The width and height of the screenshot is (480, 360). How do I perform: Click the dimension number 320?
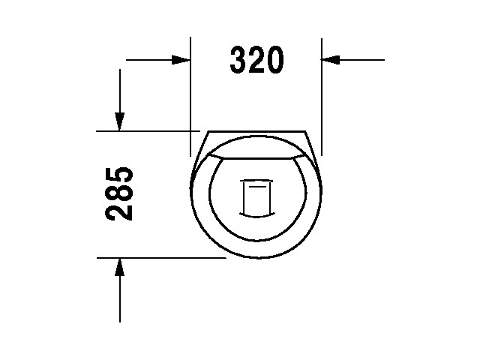[256, 61]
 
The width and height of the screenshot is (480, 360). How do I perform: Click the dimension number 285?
[120, 193]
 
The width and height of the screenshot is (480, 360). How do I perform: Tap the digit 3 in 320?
[239, 61]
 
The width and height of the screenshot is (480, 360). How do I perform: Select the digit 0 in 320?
[274, 61]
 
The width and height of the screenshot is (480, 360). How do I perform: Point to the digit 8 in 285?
[120, 193]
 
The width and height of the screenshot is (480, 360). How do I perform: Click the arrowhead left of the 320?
[181, 59]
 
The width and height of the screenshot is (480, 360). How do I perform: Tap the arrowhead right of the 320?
[331, 59]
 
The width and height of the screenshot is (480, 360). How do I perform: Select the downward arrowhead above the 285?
[119, 121]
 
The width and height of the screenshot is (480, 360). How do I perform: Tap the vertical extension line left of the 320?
[191, 90]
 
